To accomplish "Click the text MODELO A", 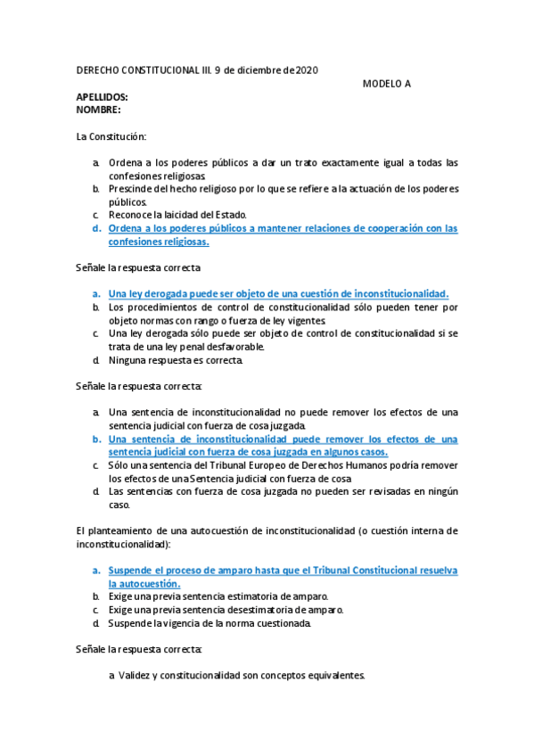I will coord(386,84).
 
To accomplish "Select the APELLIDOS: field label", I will coord(102,97).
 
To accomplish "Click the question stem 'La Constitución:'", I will coord(111,136).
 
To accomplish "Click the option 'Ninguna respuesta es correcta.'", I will coord(175,360).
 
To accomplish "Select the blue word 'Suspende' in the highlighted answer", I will coord(129,570).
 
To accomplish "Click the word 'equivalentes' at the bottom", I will coord(334,676).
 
